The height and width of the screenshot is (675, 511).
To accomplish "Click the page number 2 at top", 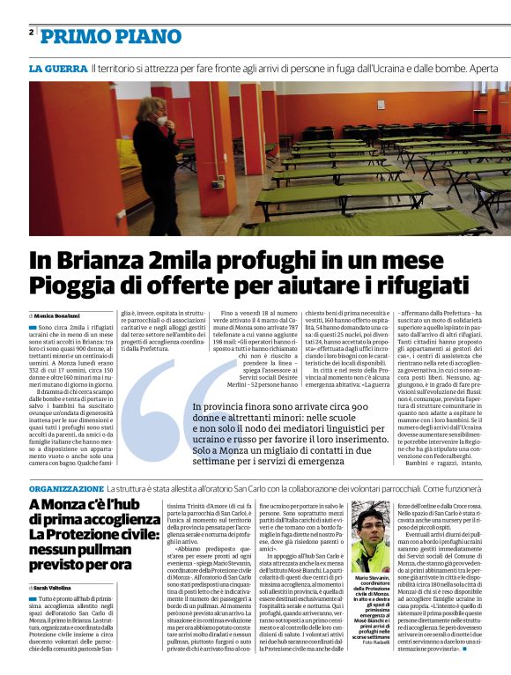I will tap(32, 32).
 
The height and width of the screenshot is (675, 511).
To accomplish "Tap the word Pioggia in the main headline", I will tap(72, 286).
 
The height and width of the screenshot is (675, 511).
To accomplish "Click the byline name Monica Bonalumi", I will tap(57, 315).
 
